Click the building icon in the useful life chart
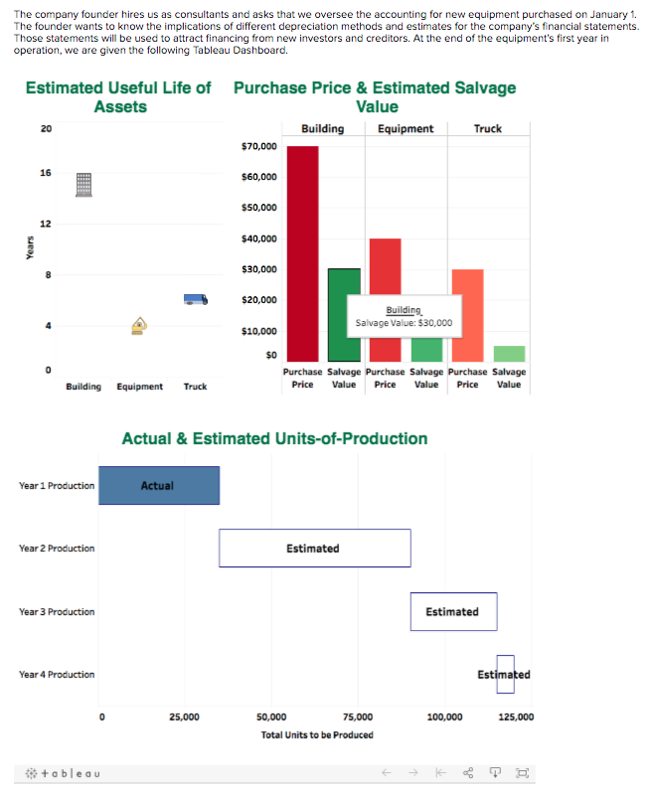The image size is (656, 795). coord(83,185)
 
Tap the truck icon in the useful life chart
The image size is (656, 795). coord(196,298)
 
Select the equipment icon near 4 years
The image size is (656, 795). coord(140,325)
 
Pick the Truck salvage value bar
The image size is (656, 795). coord(509,354)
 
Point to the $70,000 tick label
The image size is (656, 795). coord(259,147)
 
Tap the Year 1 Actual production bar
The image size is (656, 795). coord(159,485)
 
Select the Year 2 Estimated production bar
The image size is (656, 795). coord(314,549)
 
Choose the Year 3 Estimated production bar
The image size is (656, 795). coord(453,611)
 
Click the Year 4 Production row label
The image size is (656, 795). coord(57,675)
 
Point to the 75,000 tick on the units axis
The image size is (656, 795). coord(357,715)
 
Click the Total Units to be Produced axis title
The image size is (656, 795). coord(317,734)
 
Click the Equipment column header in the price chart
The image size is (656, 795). coord(406,128)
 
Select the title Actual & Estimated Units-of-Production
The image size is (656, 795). coord(274,438)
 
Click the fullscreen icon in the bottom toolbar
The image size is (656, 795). coord(524,772)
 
